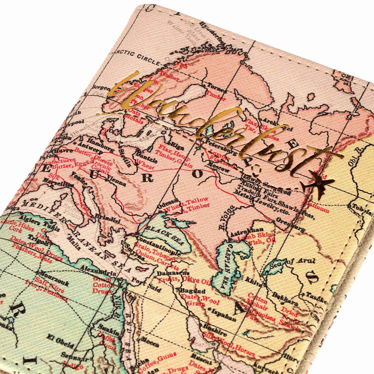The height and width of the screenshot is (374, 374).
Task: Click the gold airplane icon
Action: pyautogui.click(x=317, y=185)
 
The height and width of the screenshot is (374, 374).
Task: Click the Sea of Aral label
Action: pyautogui.click(x=292, y=262)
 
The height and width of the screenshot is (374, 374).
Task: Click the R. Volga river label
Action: pyautogui.click(x=225, y=217)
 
